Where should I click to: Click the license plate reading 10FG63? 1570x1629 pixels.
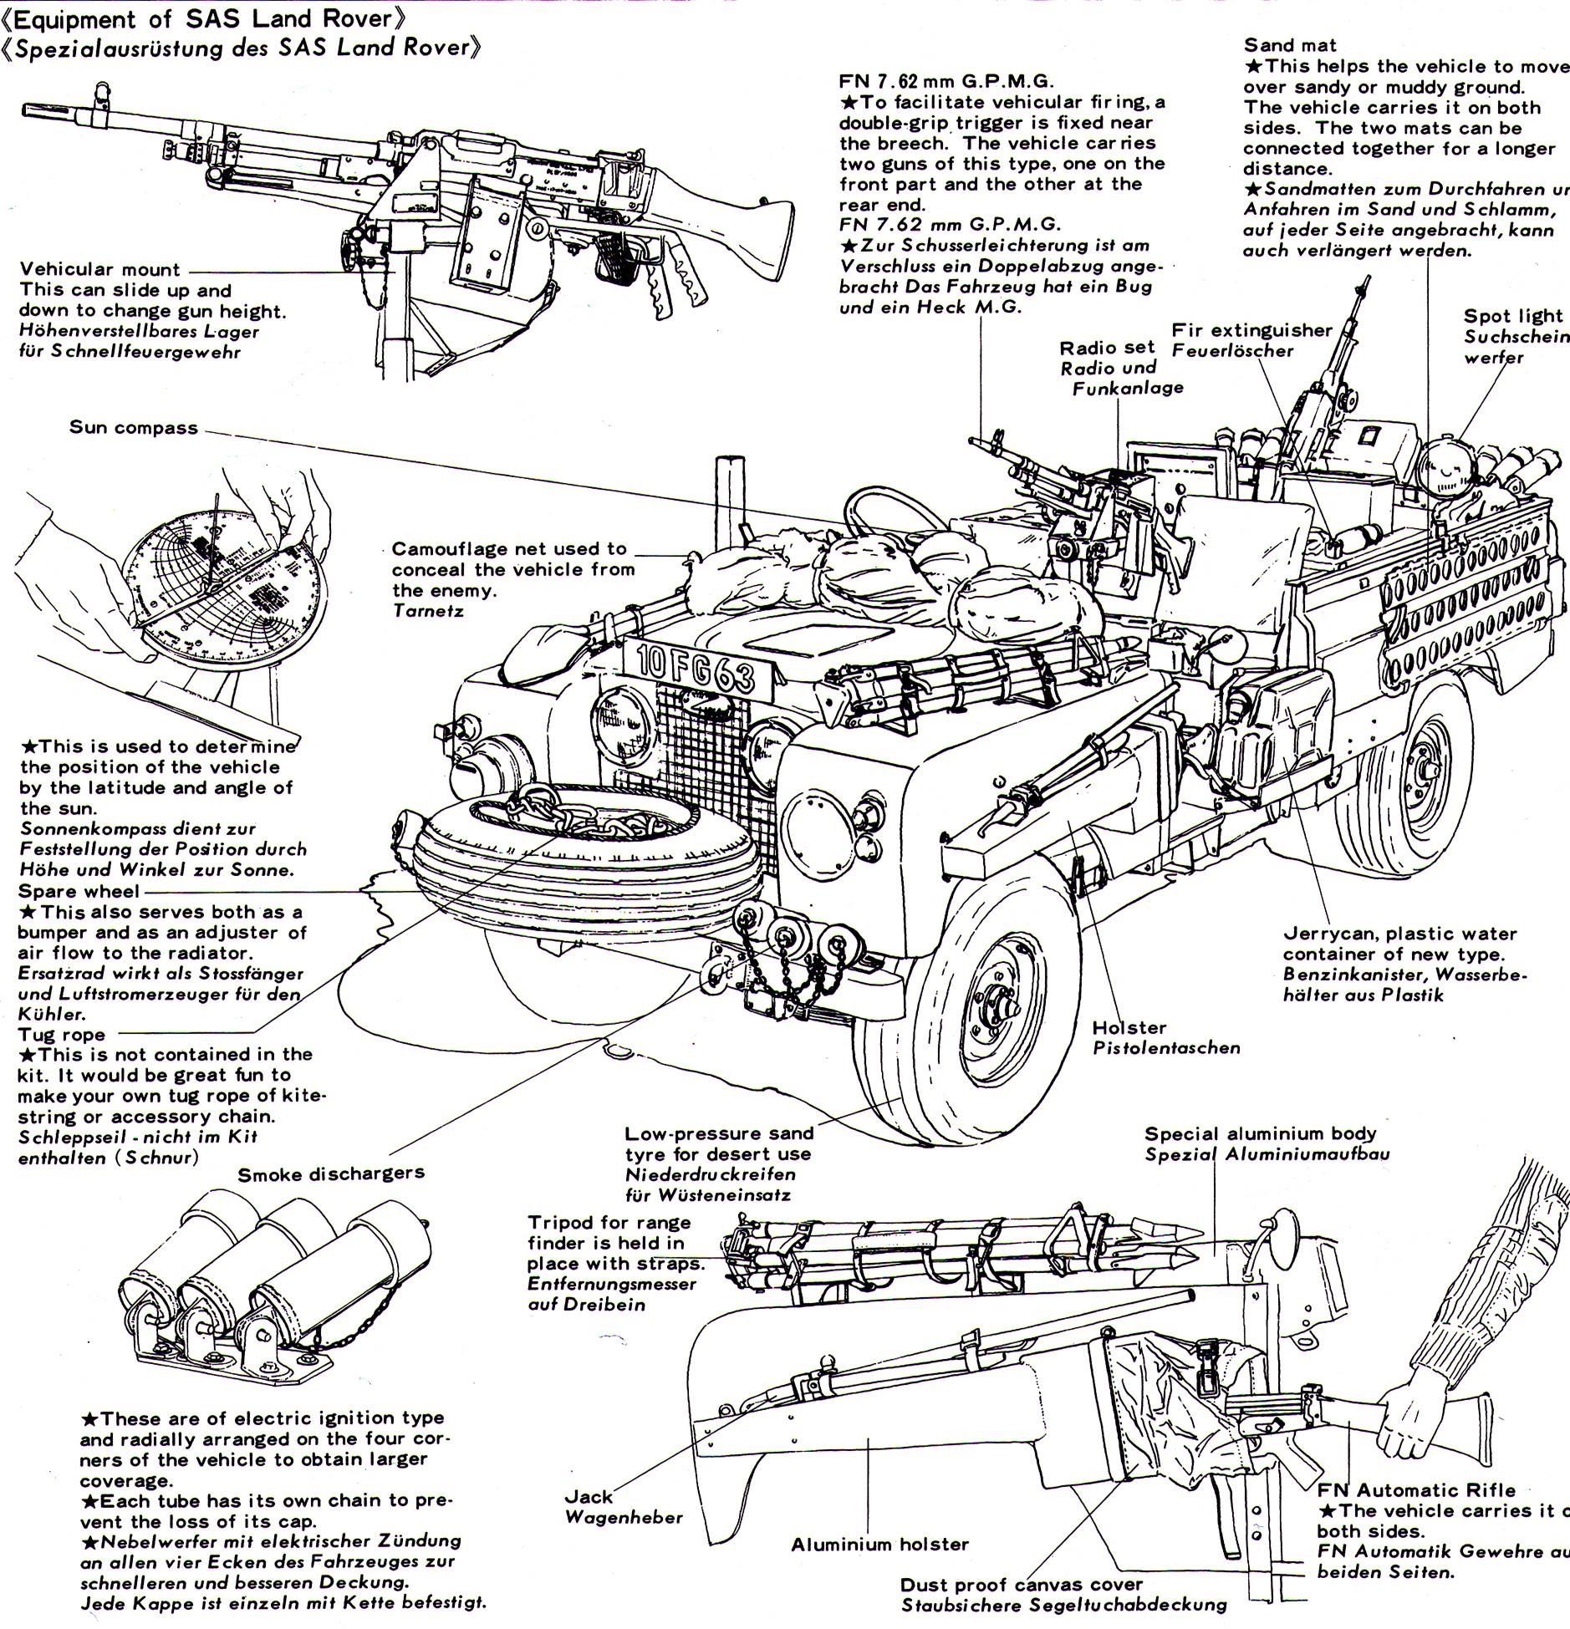tap(695, 668)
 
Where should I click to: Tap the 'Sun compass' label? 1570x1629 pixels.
tap(134, 428)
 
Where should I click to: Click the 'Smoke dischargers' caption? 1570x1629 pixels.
tap(331, 1174)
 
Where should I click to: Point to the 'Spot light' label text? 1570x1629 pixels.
tap(1512, 316)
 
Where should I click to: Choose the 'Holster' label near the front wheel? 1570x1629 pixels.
tap(1129, 1027)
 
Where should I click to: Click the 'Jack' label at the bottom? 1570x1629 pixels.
tap(589, 1497)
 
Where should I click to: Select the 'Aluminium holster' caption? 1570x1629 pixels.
tap(879, 1545)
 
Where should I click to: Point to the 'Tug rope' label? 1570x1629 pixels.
tap(62, 1035)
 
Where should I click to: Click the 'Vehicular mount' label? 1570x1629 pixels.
tap(99, 269)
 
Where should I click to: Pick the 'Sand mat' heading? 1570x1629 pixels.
tap(1290, 45)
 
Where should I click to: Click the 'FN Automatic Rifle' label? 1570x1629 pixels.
tap(1416, 1490)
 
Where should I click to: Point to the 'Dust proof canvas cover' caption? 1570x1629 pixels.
tap(1021, 1585)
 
